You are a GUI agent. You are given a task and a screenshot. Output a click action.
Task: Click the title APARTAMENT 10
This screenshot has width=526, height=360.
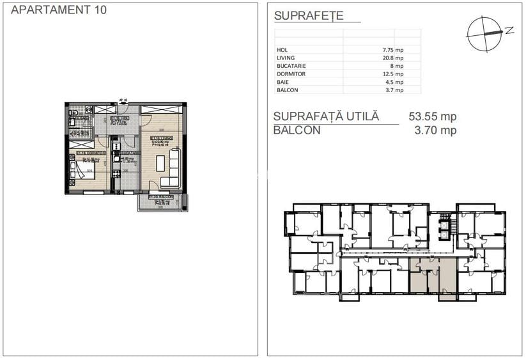[59, 10]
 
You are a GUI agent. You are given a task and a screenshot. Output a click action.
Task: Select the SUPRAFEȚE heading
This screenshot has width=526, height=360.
[308, 16]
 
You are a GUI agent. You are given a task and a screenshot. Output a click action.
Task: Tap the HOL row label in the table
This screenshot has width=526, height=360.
[282, 49]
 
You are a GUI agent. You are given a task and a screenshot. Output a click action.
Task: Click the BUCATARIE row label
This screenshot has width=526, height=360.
[291, 66]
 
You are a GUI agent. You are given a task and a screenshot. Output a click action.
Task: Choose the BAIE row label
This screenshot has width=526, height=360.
[282, 82]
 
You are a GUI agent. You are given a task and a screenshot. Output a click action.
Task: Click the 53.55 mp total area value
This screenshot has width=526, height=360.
[432, 117]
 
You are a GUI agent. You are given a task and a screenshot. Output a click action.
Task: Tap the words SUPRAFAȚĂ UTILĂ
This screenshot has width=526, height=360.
[326, 117]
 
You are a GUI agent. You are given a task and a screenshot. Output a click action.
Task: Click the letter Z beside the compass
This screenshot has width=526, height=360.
[509, 29]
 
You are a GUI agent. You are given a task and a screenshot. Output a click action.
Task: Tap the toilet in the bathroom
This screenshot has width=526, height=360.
[89, 110]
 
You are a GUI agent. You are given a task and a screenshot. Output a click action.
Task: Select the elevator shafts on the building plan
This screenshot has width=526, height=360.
[445, 227]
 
